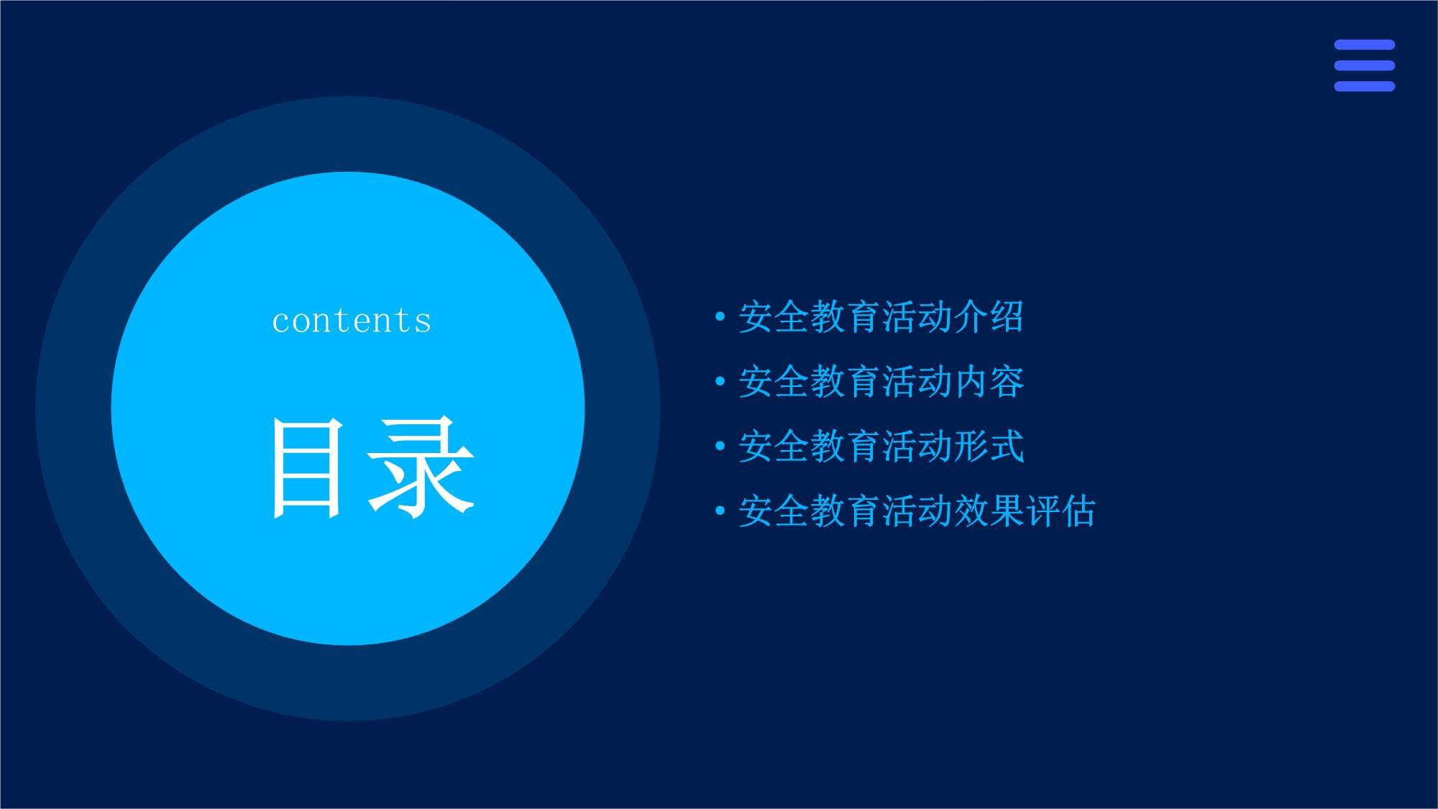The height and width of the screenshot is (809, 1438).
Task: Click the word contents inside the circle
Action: (352, 320)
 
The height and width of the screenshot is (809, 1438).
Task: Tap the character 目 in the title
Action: (305, 468)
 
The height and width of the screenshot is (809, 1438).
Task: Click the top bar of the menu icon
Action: (1364, 45)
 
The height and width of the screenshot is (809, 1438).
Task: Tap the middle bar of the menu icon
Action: (1364, 65)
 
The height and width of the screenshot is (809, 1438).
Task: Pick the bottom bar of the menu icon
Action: (1364, 86)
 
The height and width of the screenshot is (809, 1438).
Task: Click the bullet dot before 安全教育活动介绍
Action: (720, 316)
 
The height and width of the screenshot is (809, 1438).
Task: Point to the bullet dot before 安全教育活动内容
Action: (720, 381)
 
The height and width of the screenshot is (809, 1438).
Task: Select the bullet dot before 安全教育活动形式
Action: (720, 446)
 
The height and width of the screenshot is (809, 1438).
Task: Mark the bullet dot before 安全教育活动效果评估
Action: (720, 511)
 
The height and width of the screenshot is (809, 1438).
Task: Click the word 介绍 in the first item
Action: (989, 317)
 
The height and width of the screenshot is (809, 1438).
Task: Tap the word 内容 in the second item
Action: (989, 382)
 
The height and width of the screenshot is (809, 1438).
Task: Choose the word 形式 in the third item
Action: (989, 447)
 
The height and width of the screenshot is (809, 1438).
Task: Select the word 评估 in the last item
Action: (1061, 511)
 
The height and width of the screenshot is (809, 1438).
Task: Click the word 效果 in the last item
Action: (989, 511)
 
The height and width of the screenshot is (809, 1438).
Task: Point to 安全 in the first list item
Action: (774, 317)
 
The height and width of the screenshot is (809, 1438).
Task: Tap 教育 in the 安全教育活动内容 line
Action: (846, 382)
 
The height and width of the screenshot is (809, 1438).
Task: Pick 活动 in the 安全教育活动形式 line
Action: (917, 447)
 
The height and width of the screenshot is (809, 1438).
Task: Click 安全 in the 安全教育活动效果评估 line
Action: (774, 511)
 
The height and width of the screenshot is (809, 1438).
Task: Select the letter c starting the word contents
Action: (280, 324)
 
